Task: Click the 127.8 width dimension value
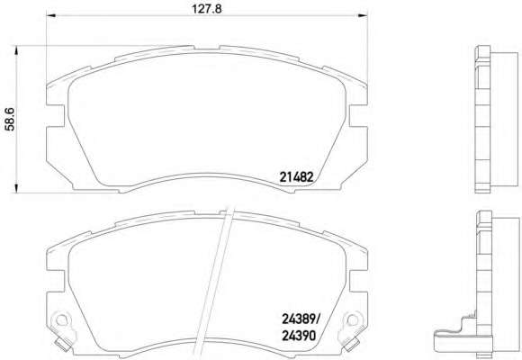206,9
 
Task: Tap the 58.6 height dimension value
10,119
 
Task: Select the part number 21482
296,177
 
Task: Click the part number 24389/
301,319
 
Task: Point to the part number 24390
299,336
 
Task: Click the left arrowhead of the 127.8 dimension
51,15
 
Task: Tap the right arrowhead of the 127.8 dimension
363,15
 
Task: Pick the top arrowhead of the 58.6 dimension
15,50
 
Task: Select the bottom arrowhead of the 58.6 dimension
15,188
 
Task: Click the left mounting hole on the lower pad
60,320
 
